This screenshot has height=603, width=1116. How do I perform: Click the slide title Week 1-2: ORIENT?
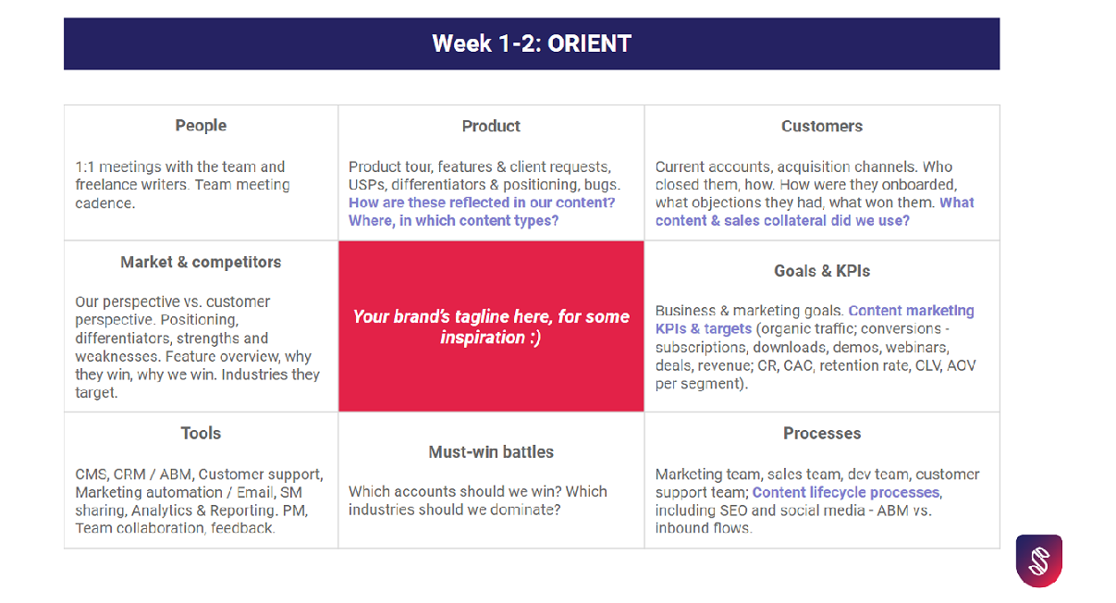click(x=532, y=43)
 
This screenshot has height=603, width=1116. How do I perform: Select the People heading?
click(x=201, y=126)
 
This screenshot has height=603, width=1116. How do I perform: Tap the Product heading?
click(x=491, y=126)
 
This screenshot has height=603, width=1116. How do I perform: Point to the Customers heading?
click(x=822, y=126)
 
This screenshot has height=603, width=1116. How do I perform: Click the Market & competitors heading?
click(x=201, y=262)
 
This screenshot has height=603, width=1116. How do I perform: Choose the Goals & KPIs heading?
click(x=822, y=271)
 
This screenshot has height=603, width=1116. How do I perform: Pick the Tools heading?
click(x=201, y=433)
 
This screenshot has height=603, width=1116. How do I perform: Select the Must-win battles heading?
click(x=491, y=452)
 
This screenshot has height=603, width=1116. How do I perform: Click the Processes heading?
click(x=822, y=433)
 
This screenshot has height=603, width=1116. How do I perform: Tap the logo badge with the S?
click(x=1038, y=560)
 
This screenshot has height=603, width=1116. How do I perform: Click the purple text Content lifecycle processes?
click(x=845, y=492)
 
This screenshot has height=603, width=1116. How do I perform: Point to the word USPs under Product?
click(x=367, y=185)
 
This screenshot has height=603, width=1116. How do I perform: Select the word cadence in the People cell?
click(x=104, y=203)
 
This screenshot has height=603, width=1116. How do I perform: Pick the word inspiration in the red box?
click(x=482, y=338)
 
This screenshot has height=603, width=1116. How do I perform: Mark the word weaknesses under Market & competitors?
click(x=117, y=357)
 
